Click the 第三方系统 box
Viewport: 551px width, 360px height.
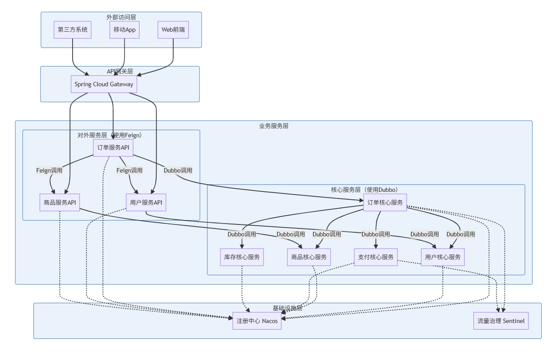click(x=73, y=30)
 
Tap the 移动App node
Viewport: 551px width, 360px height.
click(x=125, y=30)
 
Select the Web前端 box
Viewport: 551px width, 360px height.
click(x=173, y=30)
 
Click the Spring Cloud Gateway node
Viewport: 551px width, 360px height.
click(x=104, y=84)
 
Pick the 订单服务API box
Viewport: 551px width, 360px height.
click(x=113, y=147)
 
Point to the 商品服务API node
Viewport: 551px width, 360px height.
click(x=60, y=202)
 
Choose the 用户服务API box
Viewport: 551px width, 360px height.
click(x=146, y=202)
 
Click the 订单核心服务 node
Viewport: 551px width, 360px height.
click(x=385, y=202)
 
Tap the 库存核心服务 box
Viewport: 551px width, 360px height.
click(x=242, y=257)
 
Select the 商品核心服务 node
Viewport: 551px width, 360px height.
click(x=309, y=257)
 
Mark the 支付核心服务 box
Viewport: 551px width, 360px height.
click(x=376, y=257)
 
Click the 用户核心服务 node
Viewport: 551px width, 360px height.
click(x=443, y=257)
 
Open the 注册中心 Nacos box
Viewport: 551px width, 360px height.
click(x=257, y=321)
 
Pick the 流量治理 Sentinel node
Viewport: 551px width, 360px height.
click(x=501, y=321)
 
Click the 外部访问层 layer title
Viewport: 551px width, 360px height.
click(x=121, y=17)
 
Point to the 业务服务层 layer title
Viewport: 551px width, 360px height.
click(x=274, y=126)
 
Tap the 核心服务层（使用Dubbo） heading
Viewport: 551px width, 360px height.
click(x=366, y=190)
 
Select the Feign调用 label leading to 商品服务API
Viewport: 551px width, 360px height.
click(x=49, y=170)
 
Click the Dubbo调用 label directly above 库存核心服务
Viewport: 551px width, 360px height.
click(x=242, y=234)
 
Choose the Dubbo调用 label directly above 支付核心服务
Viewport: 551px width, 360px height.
click(x=376, y=234)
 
